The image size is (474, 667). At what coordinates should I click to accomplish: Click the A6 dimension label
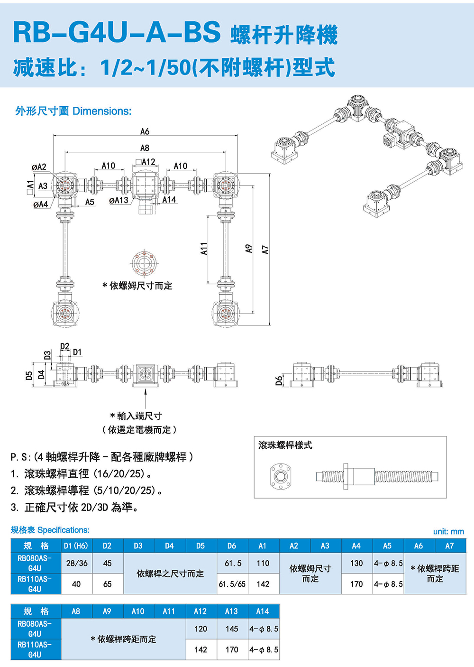[145, 131]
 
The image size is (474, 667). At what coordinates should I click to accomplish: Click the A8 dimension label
[145, 148]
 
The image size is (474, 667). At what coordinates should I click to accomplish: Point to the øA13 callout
[118, 201]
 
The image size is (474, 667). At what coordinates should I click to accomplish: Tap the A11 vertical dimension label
[204, 249]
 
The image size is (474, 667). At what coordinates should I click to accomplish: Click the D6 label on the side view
[279, 380]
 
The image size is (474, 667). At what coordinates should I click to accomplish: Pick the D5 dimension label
[29, 375]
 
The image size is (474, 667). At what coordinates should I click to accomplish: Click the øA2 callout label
[39, 167]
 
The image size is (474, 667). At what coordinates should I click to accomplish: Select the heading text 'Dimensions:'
[102, 111]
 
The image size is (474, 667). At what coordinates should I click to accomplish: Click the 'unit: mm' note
[448, 531]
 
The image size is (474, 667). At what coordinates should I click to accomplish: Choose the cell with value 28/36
[77, 563]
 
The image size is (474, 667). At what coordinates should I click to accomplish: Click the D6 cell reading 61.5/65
[232, 584]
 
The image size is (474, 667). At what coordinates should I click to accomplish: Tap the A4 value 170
[356, 584]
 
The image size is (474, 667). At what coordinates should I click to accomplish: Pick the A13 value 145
[232, 629]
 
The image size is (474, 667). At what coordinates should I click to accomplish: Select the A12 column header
[201, 611]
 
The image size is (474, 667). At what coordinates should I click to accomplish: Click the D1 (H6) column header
[76, 546]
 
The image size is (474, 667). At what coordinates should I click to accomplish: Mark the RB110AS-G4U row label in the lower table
[35, 649]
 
